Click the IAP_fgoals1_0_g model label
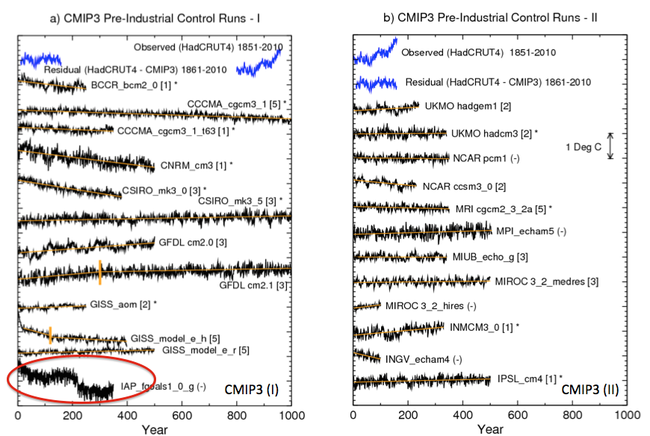tap(157, 386)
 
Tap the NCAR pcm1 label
tap(485, 158)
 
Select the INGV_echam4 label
tap(424, 358)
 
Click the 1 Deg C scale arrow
tap(610, 146)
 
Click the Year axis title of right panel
tap(490, 429)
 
